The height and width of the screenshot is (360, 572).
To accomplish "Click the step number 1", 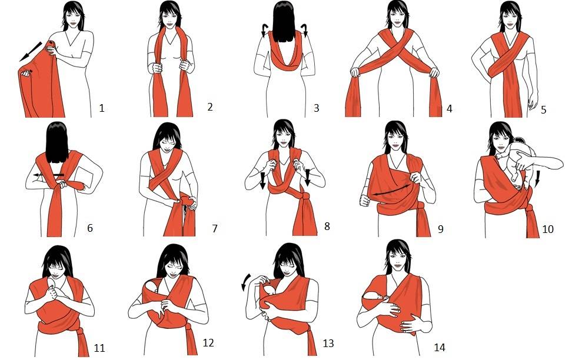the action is tap(102, 108).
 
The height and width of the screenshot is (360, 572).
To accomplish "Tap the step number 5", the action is tap(544, 109).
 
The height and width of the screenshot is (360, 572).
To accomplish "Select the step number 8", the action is tap(327, 226).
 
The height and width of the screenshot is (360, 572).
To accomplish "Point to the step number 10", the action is tap(548, 229).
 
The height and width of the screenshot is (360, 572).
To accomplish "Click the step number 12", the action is tap(208, 342).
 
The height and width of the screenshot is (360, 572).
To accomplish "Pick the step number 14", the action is tap(440, 347).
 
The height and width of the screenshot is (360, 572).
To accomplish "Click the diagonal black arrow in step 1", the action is tap(31, 51).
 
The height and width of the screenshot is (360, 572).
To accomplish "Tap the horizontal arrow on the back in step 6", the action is tap(48, 175).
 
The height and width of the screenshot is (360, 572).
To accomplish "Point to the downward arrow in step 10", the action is tap(537, 179).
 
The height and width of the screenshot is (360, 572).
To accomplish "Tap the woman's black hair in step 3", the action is tap(284, 21).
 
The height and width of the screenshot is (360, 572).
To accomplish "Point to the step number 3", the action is tap(316, 108).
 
